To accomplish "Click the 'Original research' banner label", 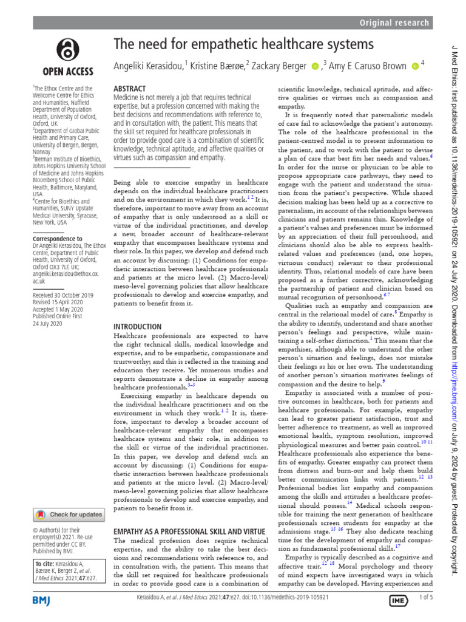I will (x=394, y=23).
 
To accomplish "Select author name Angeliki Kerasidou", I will (x=150, y=65).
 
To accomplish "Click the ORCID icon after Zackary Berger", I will (x=314, y=65).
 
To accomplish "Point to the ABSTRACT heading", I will (x=130, y=88).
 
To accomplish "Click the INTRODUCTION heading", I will (x=138, y=326).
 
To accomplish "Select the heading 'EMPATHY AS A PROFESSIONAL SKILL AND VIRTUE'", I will (x=189, y=531).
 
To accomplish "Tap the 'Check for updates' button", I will (x=69, y=514).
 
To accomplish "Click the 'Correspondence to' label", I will (x=57, y=239).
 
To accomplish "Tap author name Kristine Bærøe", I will (x=220, y=65).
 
